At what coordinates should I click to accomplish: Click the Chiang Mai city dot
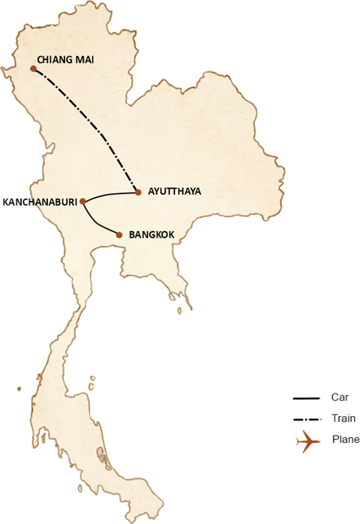click(x=34, y=69)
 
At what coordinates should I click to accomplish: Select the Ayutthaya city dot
click(x=138, y=193)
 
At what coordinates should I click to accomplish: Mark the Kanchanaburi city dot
click(x=82, y=201)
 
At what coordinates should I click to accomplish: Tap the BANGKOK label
click(x=152, y=235)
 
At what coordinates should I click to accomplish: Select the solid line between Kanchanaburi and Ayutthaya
click(x=111, y=196)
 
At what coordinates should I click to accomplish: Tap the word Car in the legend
click(x=335, y=397)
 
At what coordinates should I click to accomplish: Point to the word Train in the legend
click(x=338, y=419)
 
